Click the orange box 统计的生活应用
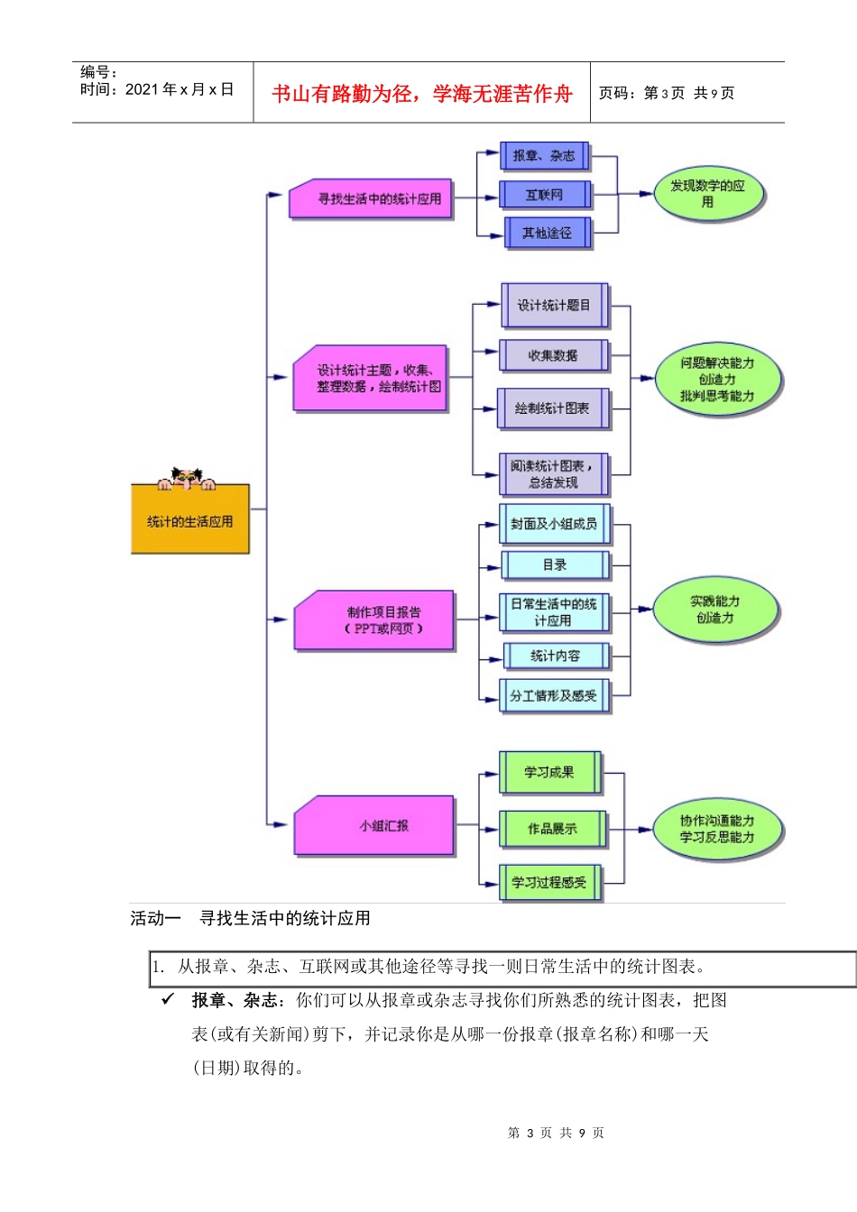tap(189, 520)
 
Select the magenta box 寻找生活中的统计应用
tap(372, 198)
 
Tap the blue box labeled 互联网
tap(545, 195)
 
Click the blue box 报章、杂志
tap(544, 156)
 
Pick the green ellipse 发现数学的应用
tap(708, 194)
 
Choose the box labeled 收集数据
tap(553, 355)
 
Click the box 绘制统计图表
tap(552, 409)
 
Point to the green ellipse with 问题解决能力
tap(717, 380)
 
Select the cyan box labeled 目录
tap(555, 565)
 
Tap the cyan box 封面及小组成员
tap(554, 524)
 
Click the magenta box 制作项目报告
tap(374, 620)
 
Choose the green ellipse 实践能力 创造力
tap(715, 610)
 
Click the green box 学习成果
tap(549, 773)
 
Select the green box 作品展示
tap(552, 829)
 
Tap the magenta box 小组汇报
tap(374, 825)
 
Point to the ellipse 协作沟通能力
tap(717, 830)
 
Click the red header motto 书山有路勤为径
tap(422, 94)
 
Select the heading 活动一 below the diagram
tap(155, 919)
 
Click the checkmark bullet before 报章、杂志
tap(168, 999)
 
